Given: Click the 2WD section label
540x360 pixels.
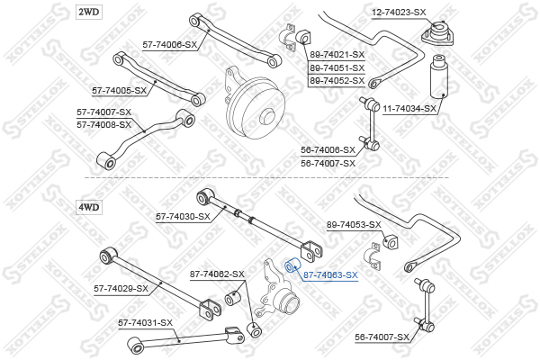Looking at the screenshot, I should (x=89, y=11).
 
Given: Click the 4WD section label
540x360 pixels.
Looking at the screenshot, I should (x=89, y=207).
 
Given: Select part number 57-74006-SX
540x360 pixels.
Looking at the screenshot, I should (x=169, y=44).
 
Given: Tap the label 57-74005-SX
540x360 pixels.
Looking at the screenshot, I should (x=120, y=91).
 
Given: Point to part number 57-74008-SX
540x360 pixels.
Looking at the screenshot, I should (x=104, y=124).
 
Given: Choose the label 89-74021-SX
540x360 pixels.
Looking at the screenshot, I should (x=337, y=55).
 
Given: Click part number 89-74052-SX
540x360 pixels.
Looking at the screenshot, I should (x=337, y=80).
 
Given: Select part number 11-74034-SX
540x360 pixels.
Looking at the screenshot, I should (x=409, y=109).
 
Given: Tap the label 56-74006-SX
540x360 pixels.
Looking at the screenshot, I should (x=328, y=150).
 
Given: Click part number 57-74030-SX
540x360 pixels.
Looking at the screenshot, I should (x=183, y=216).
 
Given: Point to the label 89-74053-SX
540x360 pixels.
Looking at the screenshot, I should (x=354, y=224).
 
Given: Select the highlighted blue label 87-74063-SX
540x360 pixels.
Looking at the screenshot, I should (x=330, y=275).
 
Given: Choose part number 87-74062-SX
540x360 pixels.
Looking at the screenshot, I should (x=216, y=274).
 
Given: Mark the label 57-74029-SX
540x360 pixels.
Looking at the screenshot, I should (x=121, y=288).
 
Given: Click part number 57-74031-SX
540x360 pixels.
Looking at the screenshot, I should (x=145, y=322).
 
